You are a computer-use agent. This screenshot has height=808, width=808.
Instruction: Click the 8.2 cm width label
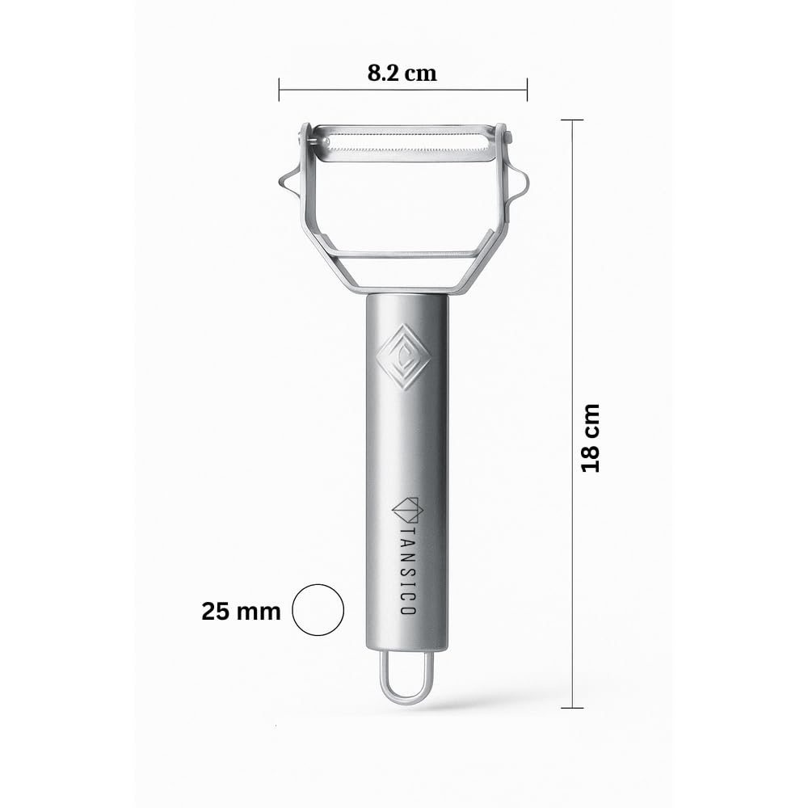(x=402, y=73)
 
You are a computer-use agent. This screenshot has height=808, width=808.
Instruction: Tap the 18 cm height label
(x=591, y=437)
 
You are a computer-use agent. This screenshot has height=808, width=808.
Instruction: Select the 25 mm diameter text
(x=241, y=611)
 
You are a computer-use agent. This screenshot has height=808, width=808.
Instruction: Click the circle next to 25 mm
(x=318, y=610)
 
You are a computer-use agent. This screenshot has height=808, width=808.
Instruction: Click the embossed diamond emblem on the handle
(x=404, y=357)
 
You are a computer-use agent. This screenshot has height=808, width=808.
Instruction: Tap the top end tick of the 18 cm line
(x=572, y=120)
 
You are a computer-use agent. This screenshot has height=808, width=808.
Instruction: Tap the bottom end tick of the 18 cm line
(x=572, y=708)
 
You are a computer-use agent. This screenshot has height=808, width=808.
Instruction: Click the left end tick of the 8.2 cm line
(x=280, y=89)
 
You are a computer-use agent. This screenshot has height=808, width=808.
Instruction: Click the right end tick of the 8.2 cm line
(x=527, y=89)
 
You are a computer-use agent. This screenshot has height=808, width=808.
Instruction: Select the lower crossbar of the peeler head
(x=404, y=254)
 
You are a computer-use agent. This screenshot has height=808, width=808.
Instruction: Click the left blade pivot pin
(x=310, y=143)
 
